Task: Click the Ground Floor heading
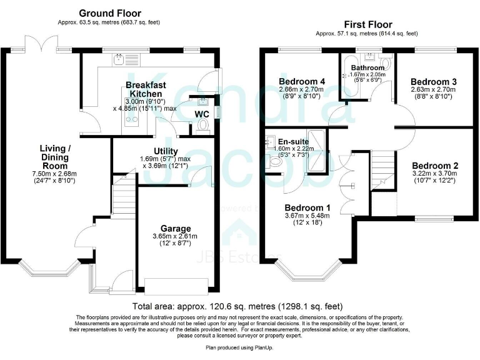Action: pyautogui.click(x=109, y=13)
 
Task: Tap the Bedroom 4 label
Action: pyautogui.click(x=301, y=81)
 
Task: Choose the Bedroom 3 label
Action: pyautogui.click(x=429, y=81)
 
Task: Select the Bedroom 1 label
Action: pyautogui.click(x=307, y=207)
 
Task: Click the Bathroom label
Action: pyautogui.click(x=367, y=67)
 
